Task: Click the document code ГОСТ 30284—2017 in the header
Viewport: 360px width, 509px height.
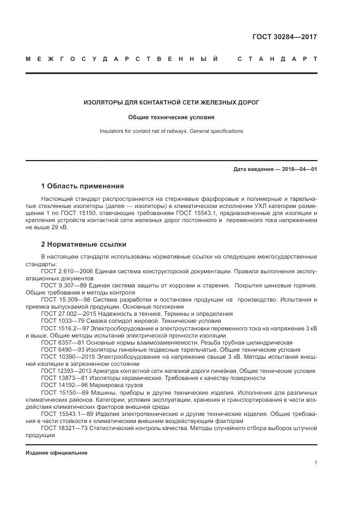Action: [x=284, y=37]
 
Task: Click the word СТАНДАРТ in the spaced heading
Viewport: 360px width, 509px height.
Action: [x=277, y=58]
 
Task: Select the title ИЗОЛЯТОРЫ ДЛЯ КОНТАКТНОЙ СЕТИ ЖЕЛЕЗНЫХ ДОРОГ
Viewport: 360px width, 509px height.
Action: [x=172, y=102]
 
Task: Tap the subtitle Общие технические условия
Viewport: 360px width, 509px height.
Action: [x=172, y=117]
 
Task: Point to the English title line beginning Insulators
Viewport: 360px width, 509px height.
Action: [x=172, y=131]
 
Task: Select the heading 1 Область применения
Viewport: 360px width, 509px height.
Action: [x=82, y=186]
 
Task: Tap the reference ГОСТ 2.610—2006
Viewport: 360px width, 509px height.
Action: [x=67, y=271]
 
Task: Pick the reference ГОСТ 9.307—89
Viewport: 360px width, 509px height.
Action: [x=64, y=285]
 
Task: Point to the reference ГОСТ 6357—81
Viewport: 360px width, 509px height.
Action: [x=62, y=342]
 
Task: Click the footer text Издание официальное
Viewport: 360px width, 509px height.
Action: [x=57, y=453]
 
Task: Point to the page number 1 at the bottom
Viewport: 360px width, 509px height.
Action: [x=316, y=463]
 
